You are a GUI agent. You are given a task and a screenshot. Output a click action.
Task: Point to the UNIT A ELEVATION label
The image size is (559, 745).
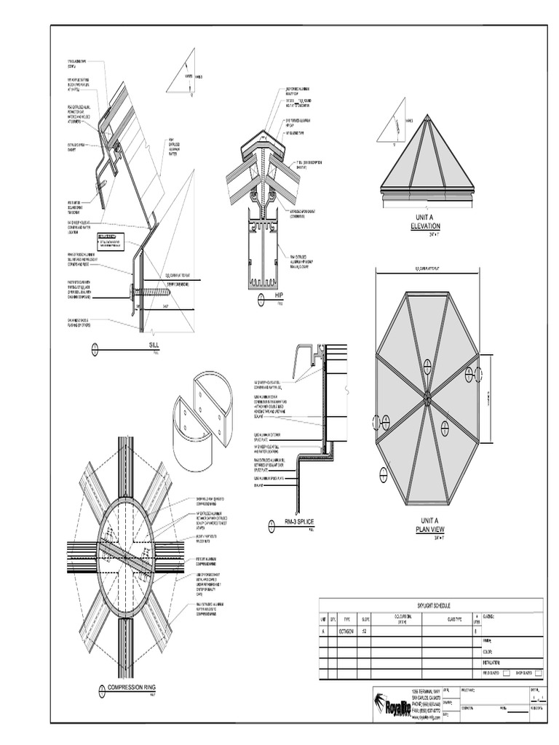coord(426,222)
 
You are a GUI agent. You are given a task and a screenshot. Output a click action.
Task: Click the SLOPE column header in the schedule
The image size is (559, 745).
coord(365,620)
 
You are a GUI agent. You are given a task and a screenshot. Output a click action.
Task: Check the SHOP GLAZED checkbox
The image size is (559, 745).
coord(539,673)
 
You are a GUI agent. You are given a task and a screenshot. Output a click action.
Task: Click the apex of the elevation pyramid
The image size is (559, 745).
coord(427,115)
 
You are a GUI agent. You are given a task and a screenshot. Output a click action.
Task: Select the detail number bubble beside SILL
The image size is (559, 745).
coord(95,350)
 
